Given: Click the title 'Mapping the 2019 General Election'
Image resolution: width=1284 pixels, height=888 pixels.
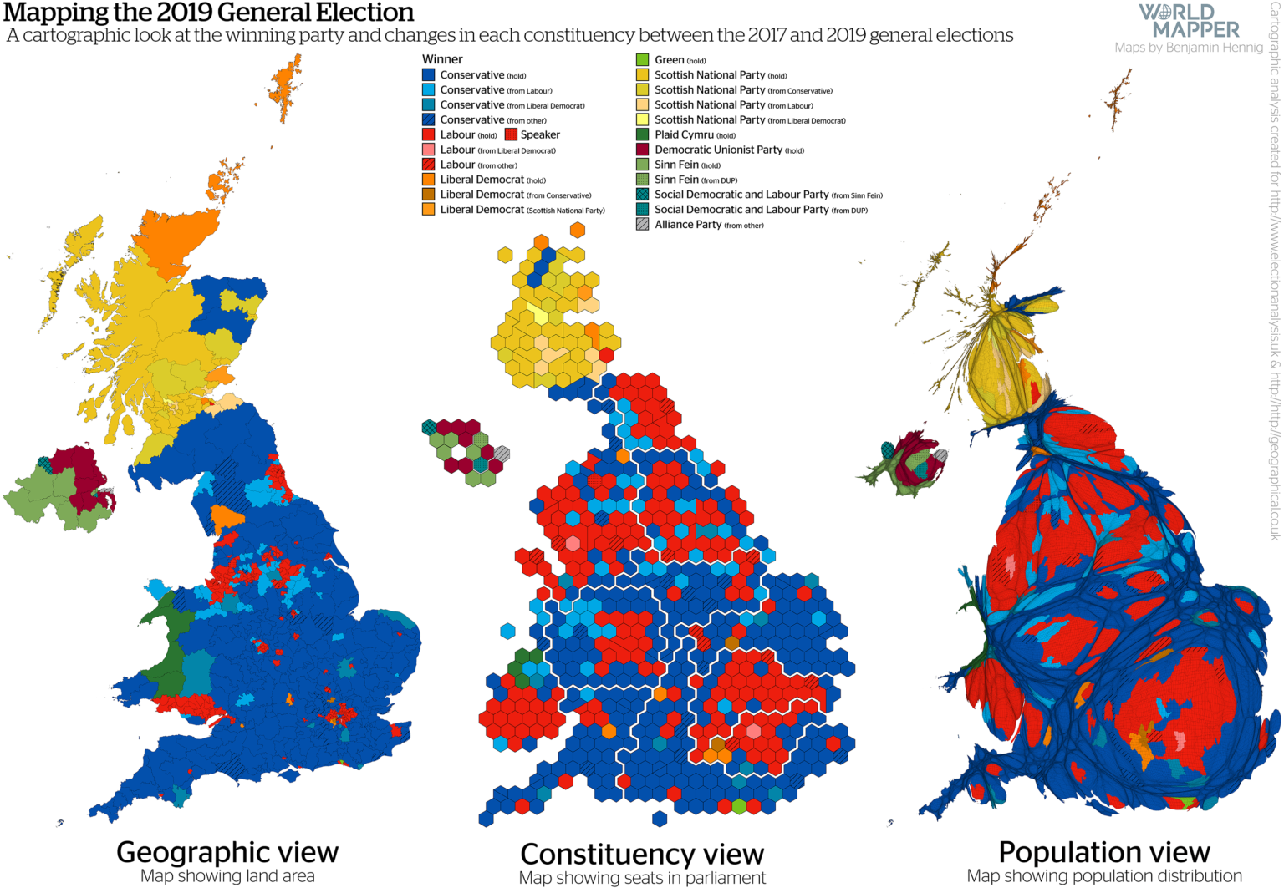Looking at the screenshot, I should pos(208,13).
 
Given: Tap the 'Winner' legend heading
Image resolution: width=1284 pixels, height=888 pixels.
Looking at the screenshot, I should pos(441,59).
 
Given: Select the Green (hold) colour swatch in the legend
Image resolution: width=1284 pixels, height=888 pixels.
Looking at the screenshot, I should pos(642,60).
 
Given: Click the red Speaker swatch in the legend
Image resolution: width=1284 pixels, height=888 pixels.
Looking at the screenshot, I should pos(511,134).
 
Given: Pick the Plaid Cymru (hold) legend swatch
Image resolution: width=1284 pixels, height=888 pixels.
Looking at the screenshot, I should pos(642,134).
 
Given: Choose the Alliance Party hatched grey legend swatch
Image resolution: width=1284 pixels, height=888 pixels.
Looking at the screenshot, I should pos(642,225).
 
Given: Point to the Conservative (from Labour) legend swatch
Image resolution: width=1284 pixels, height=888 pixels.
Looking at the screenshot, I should pos(429,90).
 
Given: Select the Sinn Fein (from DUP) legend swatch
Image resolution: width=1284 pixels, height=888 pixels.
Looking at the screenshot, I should pos(642,180).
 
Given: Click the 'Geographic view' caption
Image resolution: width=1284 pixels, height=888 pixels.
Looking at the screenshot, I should pos(227,852).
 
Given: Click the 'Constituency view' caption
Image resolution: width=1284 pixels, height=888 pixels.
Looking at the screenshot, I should pos(642,855).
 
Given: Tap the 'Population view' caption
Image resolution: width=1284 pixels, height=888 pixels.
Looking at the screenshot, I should pos(1104,852).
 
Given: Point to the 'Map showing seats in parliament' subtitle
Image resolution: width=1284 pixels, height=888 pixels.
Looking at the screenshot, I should pos(642,878).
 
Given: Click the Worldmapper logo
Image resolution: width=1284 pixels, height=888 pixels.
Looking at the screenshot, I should pos(1189,21).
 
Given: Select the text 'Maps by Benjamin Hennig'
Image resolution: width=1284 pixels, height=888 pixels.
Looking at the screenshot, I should pos(1188,48).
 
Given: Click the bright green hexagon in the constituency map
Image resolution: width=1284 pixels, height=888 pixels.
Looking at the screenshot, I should pos(739,806).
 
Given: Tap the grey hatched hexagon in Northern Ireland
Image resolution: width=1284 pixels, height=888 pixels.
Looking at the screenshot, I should pos(502,454).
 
